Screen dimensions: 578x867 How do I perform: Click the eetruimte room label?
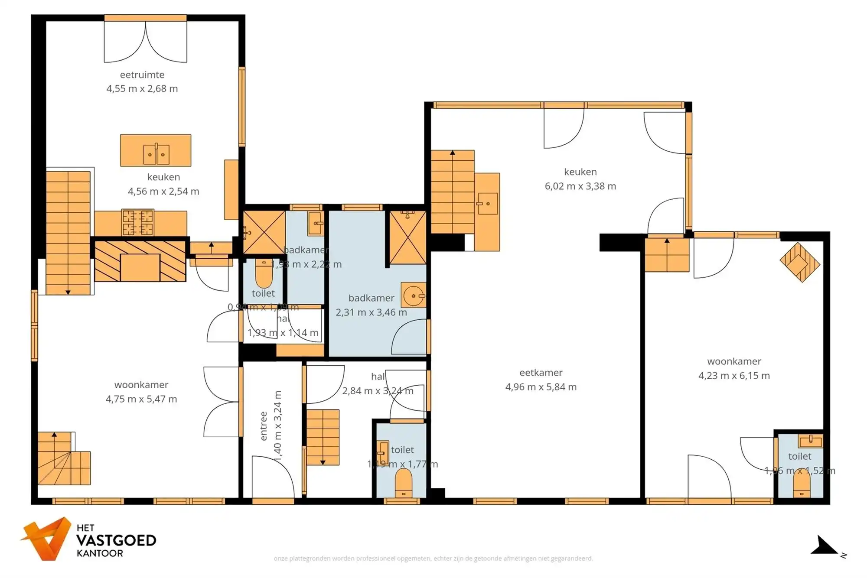tap(142, 75)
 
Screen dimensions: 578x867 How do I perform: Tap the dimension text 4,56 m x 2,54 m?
tap(163, 191)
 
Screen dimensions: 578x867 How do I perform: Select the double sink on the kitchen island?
tap(156, 154)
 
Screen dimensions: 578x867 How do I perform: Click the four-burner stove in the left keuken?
tap(138, 223)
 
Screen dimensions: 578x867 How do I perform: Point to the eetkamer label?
tap(541, 373)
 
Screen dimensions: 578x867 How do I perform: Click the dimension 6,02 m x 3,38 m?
tap(580, 186)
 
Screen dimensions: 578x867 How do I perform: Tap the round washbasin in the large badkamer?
tap(413, 295)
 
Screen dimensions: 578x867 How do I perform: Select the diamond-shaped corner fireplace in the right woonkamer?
tap(799, 263)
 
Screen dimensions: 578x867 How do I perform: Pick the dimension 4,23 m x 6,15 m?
tap(734, 376)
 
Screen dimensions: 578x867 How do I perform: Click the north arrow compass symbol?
tap(825, 546)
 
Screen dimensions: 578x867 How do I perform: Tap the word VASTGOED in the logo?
tap(116, 540)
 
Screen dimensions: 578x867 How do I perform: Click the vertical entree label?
tap(263, 426)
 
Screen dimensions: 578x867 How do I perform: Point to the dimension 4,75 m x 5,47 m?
tap(141, 399)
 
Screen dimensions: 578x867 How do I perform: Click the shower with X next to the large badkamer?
tap(407, 238)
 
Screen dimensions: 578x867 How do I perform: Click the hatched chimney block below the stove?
tap(140, 261)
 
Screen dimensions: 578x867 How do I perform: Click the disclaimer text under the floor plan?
tap(433, 559)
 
